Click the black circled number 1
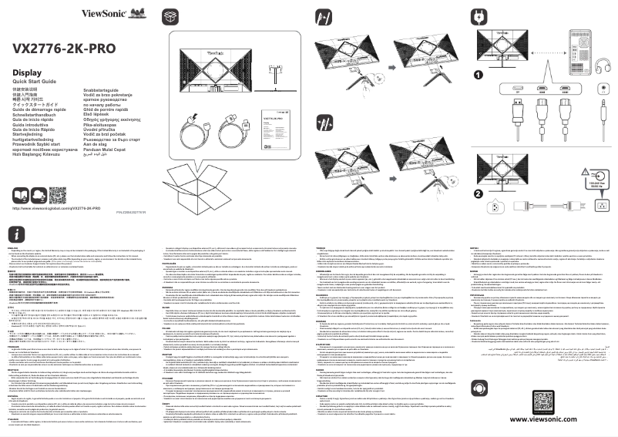point(479,76)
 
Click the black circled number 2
point(479,172)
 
